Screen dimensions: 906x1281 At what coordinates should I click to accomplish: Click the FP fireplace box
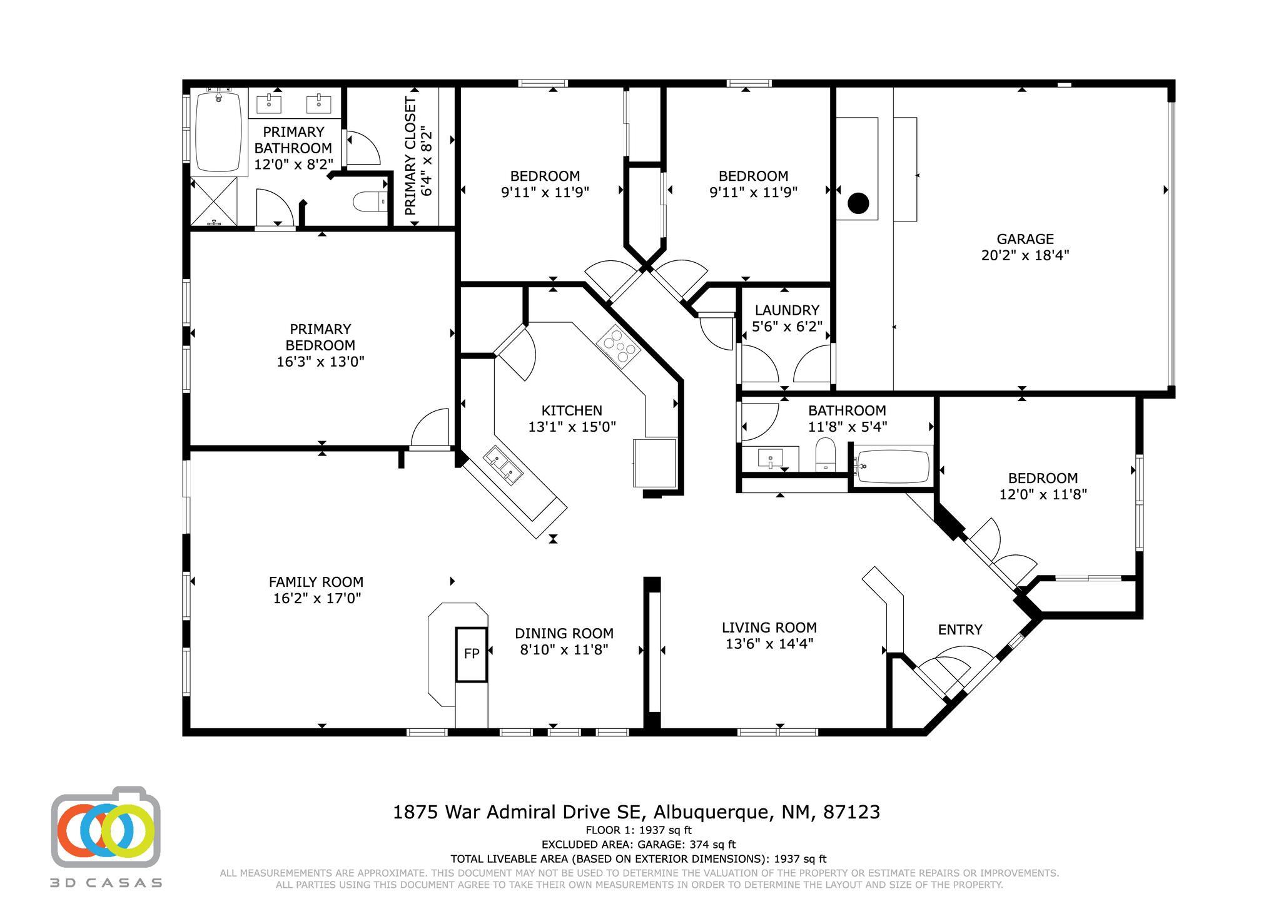(x=471, y=654)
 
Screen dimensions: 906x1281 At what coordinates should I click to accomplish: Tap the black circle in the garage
(x=858, y=203)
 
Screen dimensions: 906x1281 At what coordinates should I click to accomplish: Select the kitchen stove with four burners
(x=618, y=348)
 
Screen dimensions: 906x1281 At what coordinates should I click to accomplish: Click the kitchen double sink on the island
(x=504, y=466)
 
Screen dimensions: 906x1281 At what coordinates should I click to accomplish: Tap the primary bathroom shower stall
(x=214, y=201)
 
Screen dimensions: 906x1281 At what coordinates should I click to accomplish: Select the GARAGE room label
(x=1025, y=239)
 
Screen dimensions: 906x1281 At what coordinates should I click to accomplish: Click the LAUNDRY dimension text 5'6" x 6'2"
(x=786, y=327)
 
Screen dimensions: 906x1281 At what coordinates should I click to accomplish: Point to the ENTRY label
(x=959, y=629)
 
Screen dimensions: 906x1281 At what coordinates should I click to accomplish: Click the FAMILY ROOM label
(x=316, y=582)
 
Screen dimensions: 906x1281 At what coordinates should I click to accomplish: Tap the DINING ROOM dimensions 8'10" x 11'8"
(x=564, y=650)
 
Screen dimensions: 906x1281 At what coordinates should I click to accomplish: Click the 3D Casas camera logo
(x=106, y=827)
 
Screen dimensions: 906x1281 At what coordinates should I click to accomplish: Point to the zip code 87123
(x=851, y=812)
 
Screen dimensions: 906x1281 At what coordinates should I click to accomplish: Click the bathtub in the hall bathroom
(x=893, y=467)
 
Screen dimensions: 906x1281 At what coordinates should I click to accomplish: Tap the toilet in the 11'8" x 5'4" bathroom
(x=826, y=454)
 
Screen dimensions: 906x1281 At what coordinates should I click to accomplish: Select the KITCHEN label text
(x=572, y=410)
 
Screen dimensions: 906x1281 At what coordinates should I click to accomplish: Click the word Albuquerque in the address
(x=711, y=812)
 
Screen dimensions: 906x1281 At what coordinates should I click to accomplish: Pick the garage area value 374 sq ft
(x=712, y=845)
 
